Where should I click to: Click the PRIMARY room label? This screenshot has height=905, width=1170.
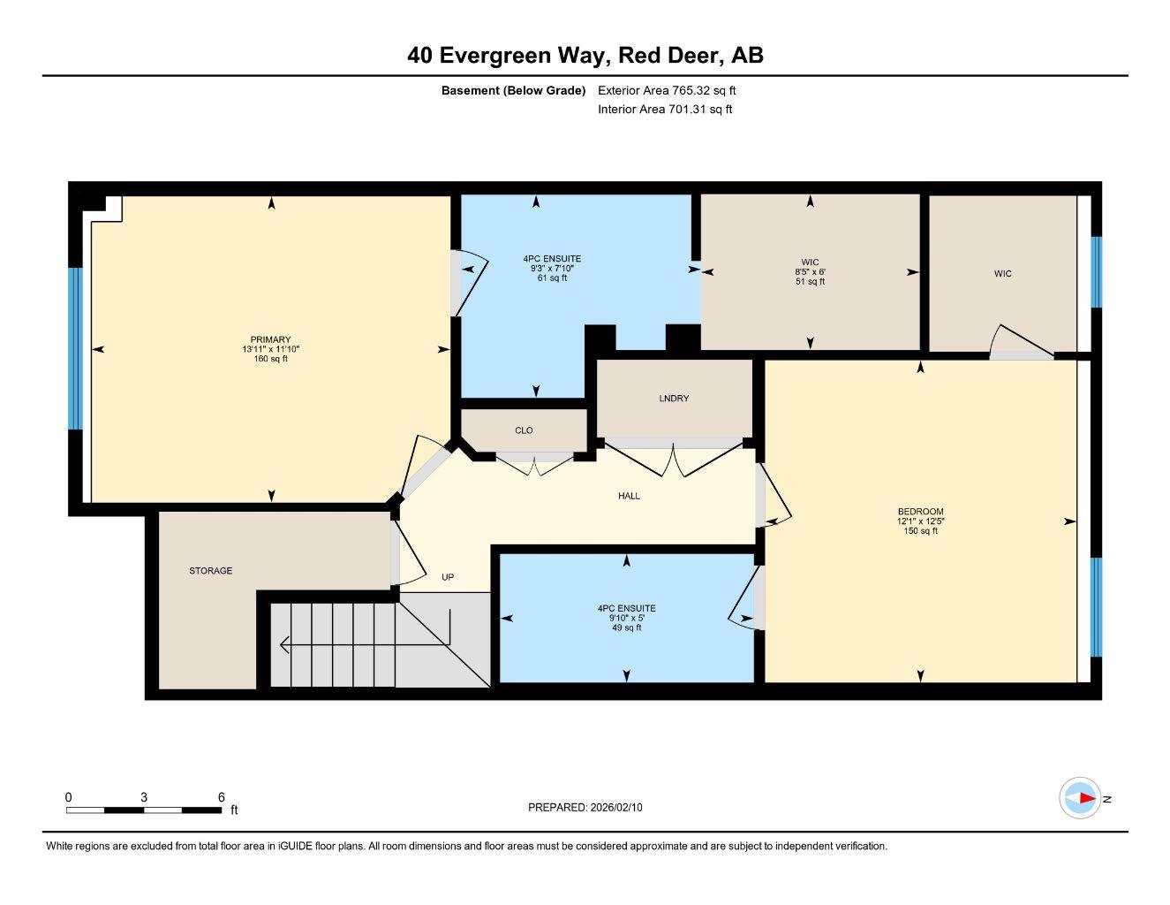point(270,339)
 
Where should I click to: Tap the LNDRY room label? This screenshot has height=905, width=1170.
point(674,399)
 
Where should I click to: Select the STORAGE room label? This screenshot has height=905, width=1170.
point(211,571)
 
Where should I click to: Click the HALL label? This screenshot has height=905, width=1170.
point(629,497)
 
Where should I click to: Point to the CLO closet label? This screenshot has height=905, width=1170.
point(524,430)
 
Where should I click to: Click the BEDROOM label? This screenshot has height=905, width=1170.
point(920,512)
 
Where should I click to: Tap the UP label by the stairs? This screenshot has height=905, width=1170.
point(448,577)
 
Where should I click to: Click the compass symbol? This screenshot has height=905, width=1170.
point(1080,799)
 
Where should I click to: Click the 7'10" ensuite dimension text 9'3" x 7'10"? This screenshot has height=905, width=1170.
point(552,269)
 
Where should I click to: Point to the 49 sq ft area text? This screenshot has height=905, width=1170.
point(626,627)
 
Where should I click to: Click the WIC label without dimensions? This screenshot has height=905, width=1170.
point(1002,274)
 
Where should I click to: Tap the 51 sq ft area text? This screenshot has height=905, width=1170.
point(810,282)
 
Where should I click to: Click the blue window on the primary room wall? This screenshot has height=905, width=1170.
point(75,348)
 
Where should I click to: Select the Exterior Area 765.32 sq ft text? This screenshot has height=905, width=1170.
point(667,90)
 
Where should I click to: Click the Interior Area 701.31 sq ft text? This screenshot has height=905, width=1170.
point(665,110)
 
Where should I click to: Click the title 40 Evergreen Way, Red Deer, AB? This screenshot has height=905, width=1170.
point(585,56)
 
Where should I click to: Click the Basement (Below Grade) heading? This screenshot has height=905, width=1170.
point(513,90)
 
